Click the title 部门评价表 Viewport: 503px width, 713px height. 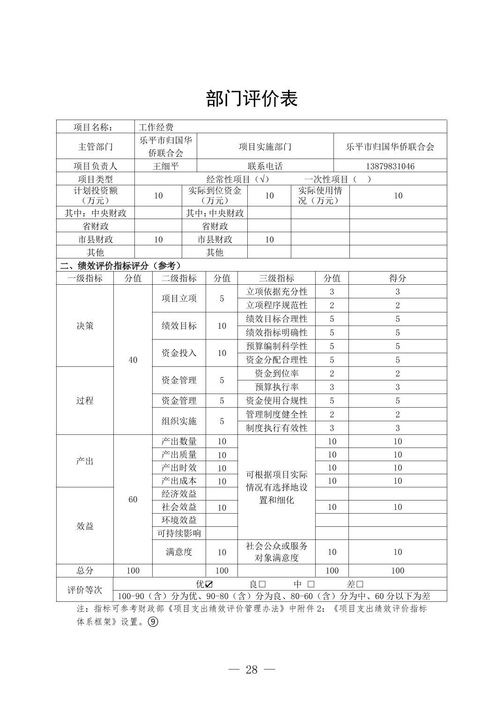point(251,99)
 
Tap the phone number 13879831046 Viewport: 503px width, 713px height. point(390,166)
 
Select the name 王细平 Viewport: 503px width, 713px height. point(166,166)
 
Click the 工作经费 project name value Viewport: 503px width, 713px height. point(156,127)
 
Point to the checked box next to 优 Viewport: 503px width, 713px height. point(209,584)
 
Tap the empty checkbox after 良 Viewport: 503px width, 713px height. point(262,584)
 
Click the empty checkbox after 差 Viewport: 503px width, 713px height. point(360,584)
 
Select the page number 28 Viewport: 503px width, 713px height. point(251,669)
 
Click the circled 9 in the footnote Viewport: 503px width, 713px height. point(153,622)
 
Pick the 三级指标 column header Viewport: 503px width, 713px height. point(276,278)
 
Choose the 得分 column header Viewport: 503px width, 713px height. point(397,278)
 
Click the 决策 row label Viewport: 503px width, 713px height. point(85,326)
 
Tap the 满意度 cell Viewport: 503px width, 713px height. point(179,552)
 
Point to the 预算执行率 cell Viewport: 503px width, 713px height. point(276,387)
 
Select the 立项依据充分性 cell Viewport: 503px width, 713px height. point(276,292)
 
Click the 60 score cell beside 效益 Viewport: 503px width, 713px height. point(133,500)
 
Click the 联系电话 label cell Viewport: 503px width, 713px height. point(265,166)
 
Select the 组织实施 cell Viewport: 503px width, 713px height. point(179,421)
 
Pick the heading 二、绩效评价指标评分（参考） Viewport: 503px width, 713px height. point(120,265)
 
